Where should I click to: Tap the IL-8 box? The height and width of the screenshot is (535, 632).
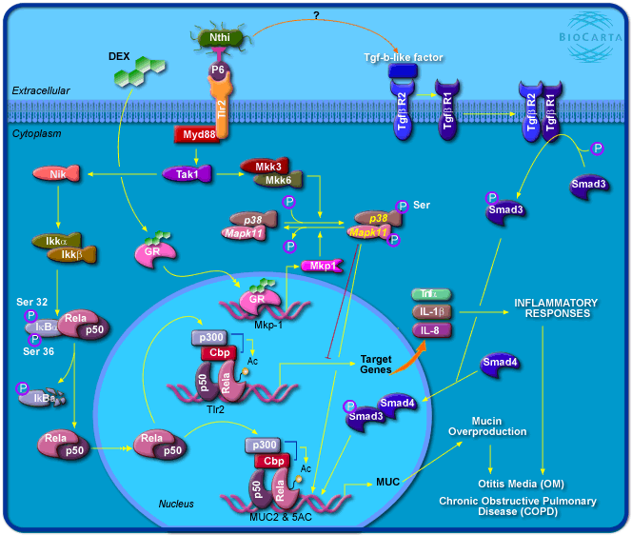431,330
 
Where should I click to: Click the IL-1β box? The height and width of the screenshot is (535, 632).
431,312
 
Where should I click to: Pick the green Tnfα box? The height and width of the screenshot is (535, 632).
431,294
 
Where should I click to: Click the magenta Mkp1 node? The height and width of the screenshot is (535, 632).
321,267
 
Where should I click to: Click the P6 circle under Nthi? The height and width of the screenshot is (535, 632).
218,70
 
